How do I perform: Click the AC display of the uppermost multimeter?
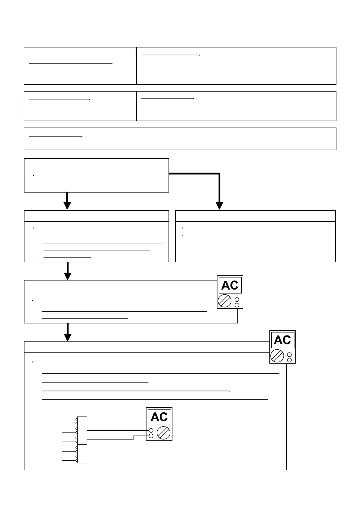230,285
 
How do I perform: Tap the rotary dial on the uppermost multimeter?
225,301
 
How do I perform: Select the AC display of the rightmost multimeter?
282,340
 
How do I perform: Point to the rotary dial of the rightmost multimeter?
277,356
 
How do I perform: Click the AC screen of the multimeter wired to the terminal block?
159,417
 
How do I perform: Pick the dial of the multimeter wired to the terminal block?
163,433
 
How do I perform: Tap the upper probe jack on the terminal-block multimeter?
151,430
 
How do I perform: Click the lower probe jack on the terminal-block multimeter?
151,436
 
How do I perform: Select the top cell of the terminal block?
82,421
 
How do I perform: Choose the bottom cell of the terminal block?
82,458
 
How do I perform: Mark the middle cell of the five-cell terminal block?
82,440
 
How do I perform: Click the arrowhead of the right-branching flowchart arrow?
220,206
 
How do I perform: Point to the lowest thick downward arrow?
68,332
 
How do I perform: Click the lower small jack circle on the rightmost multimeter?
289,360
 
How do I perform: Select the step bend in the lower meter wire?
133,438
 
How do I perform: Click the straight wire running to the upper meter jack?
118,430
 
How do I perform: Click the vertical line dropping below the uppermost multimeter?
238,316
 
